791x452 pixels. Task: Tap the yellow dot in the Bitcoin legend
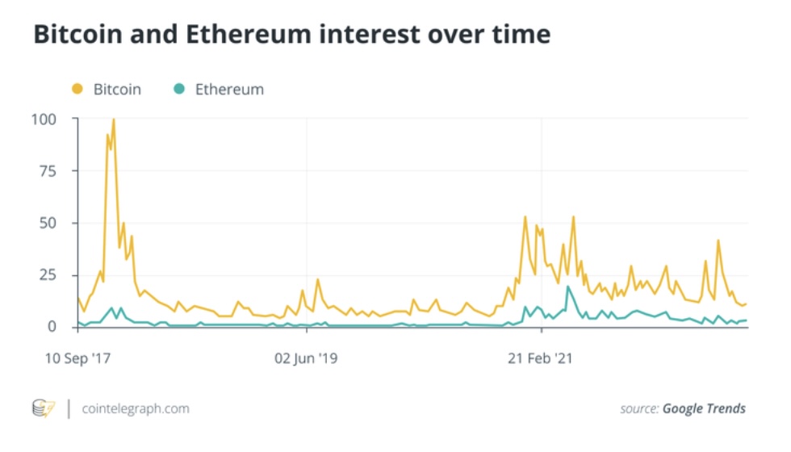point(77,89)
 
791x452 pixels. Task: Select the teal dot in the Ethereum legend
point(179,89)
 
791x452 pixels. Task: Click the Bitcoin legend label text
point(117,90)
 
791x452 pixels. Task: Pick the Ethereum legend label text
point(229,90)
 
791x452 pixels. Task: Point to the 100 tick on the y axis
point(44,119)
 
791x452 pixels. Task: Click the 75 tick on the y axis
point(48,171)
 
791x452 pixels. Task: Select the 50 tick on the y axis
point(48,223)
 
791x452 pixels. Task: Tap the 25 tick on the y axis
point(48,274)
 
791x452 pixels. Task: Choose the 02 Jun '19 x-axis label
point(307,358)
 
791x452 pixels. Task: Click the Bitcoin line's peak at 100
point(113,119)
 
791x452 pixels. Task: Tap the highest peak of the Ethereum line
point(568,287)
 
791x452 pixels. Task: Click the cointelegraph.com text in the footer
point(136,408)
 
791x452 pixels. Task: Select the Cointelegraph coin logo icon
point(43,408)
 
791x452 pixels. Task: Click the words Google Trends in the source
point(704,408)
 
